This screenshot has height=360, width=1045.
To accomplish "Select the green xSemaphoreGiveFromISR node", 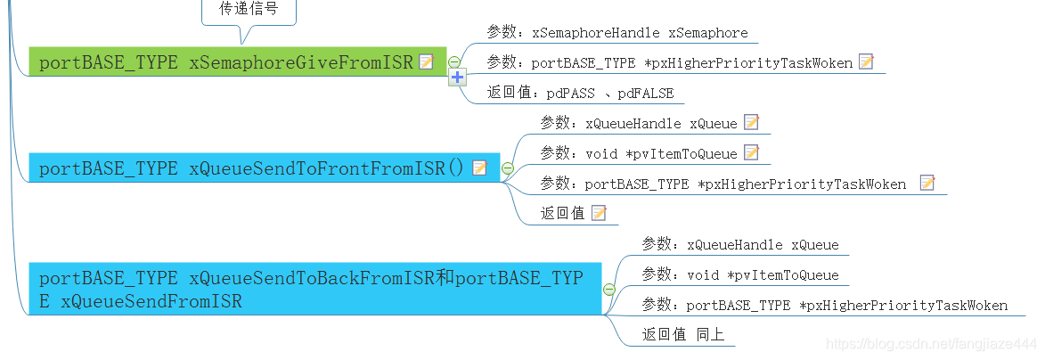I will [226, 62].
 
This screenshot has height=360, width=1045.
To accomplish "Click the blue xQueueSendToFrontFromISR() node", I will [249, 168].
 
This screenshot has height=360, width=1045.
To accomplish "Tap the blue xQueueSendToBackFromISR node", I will [312, 290].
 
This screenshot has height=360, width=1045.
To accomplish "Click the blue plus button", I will [458, 78].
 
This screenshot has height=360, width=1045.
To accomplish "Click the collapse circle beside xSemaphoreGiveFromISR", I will [454, 62].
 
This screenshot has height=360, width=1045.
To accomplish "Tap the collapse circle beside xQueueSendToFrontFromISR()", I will [508, 168].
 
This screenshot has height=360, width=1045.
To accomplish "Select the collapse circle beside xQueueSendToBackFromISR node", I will [609, 290].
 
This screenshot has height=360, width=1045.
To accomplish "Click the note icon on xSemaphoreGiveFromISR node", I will [426, 61].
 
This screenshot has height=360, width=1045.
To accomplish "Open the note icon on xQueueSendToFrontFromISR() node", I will [479, 168].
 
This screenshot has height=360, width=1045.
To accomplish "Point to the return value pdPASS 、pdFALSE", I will [580, 93].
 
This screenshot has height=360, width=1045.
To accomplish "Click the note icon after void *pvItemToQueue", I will [751, 152].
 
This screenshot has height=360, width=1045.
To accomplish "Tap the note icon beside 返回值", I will [599, 212].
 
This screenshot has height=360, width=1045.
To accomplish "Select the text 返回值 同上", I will [683, 334].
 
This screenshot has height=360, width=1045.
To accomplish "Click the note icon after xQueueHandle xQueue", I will [751, 122].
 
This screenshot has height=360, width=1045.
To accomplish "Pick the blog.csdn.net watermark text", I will [930, 343].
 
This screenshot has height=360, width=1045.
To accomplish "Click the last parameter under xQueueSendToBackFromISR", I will [824, 305].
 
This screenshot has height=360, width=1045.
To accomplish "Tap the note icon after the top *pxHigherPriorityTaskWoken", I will [866, 61].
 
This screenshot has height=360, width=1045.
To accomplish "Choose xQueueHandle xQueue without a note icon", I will [739, 244].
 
